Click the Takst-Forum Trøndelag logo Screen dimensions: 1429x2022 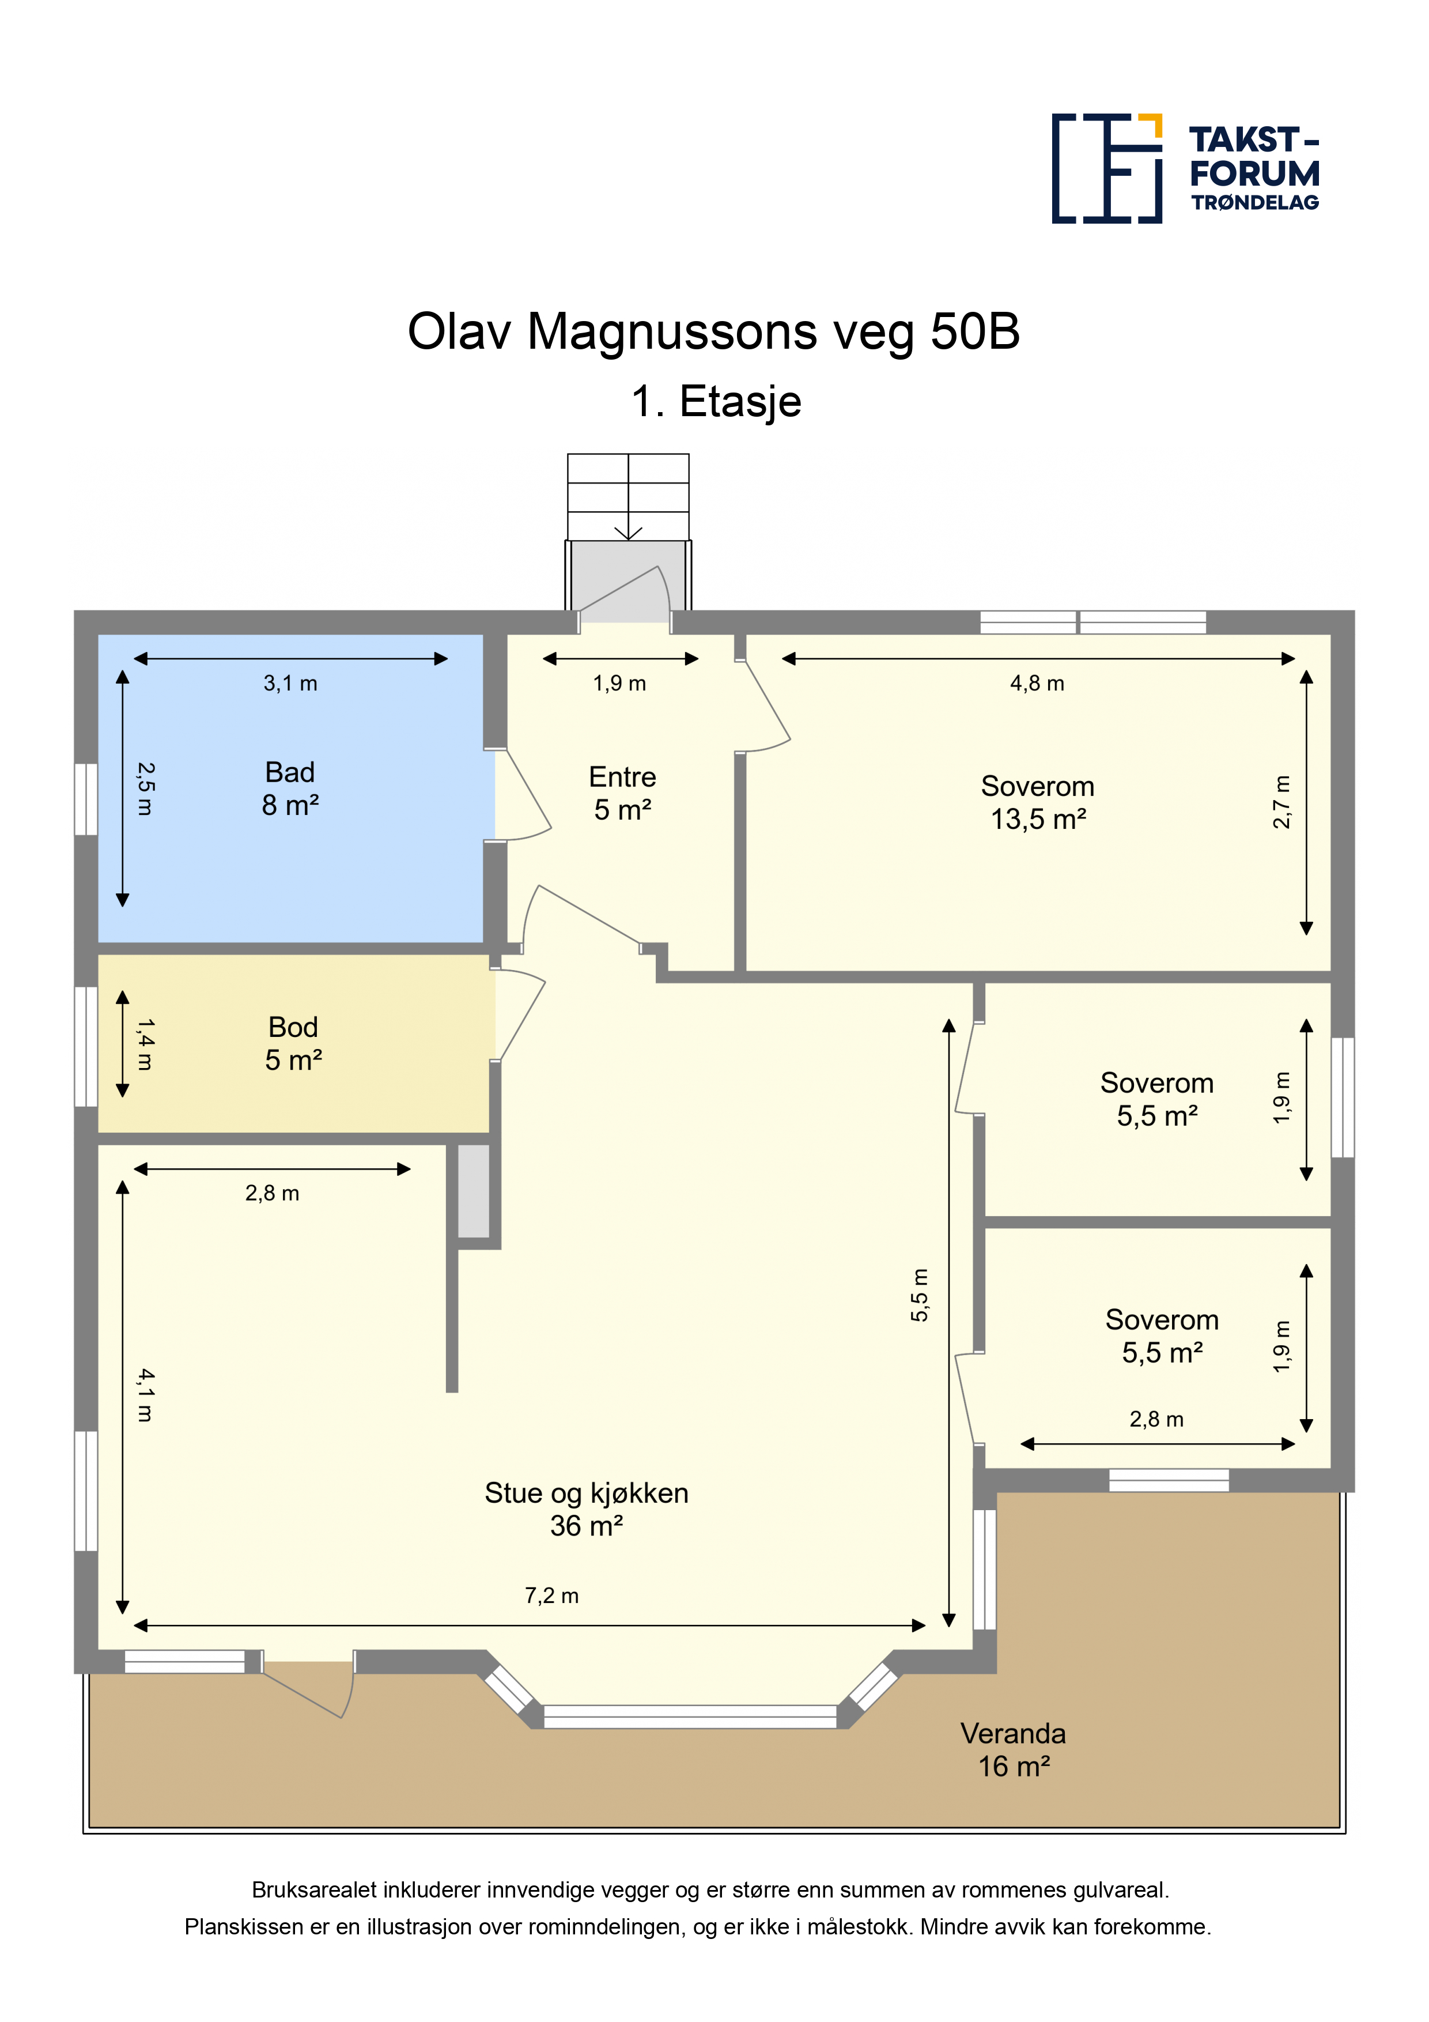[1185, 168]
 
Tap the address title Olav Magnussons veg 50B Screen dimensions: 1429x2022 [713, 332]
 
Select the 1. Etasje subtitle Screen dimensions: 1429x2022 [716, 402]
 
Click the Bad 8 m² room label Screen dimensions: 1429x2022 [290, 788]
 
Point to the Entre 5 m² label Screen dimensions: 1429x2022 [622, 794]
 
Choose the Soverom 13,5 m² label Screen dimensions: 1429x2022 [1038, 802]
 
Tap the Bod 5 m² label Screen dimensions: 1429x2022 [293, 1044]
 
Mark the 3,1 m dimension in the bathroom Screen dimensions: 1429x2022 [290, 684]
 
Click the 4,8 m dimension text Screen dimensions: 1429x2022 [1037, 684]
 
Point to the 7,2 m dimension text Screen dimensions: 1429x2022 [552, 1596]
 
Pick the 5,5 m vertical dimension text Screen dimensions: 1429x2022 [919, 1296]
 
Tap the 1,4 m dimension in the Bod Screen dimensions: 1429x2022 [145, 1044]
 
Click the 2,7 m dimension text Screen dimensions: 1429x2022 [1282, 802]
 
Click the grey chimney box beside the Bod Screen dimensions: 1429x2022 [474, 1191]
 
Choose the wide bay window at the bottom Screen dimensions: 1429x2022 [689, 1717]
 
